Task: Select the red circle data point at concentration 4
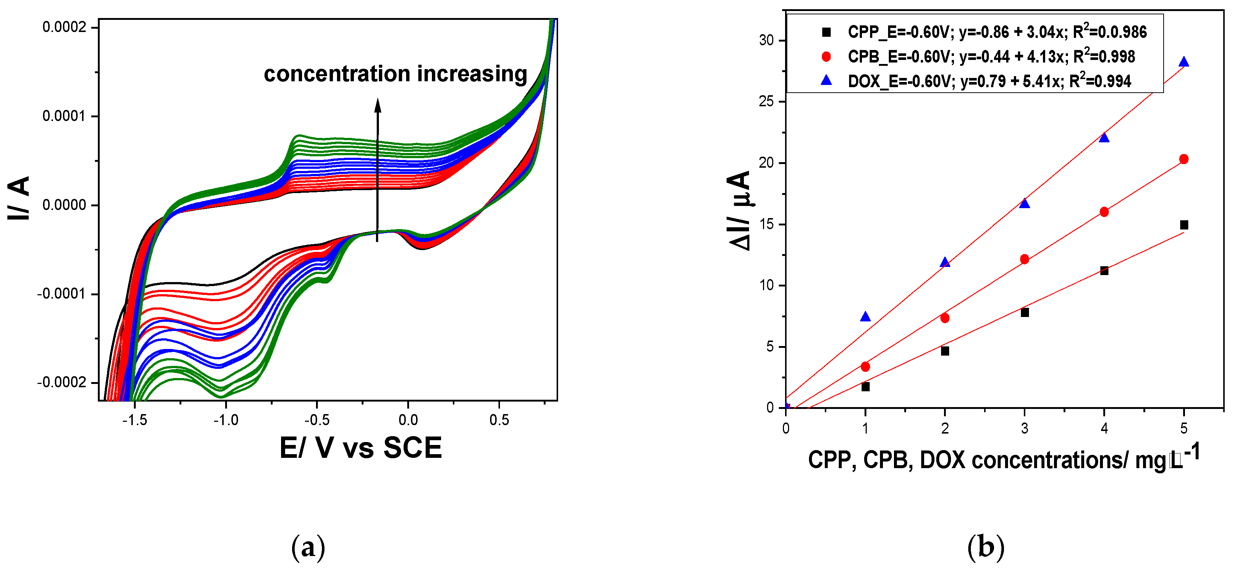(1104, 211)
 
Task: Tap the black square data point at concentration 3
(1025, 312)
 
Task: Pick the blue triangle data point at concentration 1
(865, 316)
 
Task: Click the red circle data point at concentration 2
(945, 318)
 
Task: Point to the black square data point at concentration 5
(1184, 225)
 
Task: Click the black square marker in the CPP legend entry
(826, 32)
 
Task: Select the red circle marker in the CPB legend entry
(826, 57)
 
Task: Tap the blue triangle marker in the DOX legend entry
(826, 80)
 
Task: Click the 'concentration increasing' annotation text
(395, 74)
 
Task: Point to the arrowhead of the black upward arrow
(378, 104)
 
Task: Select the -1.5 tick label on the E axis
(135, 420)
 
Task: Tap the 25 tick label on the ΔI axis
(767, 101)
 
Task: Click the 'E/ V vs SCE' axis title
(361, 448)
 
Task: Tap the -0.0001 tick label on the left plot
(62, 294)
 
